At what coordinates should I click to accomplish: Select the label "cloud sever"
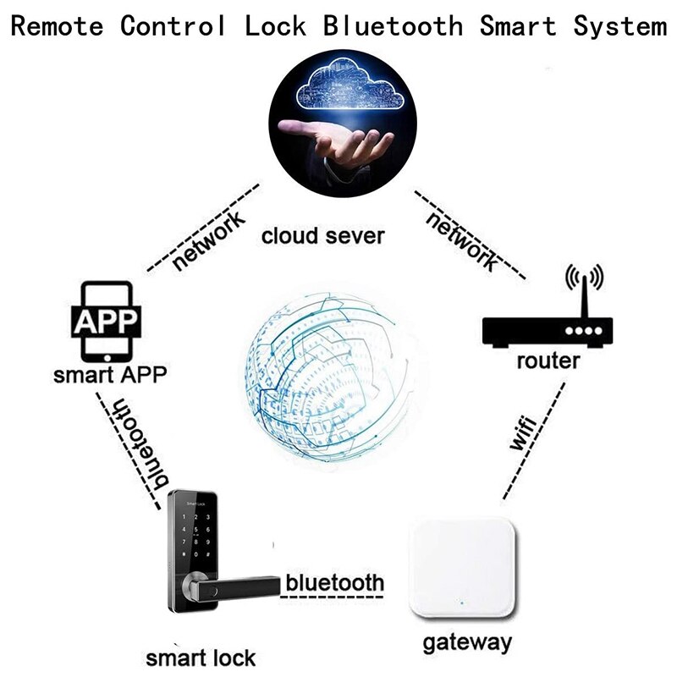(x=322, y=235)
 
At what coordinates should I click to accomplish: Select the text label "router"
(x=548, y=361)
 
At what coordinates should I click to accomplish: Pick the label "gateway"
(x=467, y=641)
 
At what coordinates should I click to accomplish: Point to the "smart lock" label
(x=201, y=658)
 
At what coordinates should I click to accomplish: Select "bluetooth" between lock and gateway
(x=335, y=583)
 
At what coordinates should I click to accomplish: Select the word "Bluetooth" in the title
(x=394, y=26)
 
